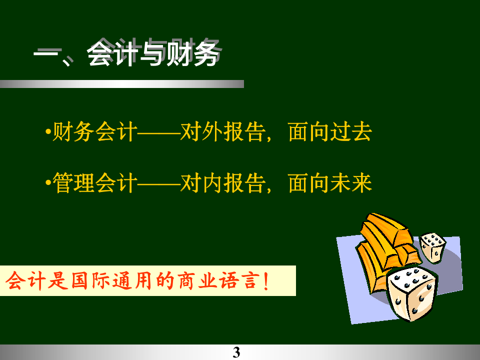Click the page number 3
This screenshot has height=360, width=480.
pyautogui.click(x=236, y=352)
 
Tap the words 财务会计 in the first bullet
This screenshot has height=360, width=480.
pyautogui.click(x=94, y=132)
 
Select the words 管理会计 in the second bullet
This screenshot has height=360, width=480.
pyautogui.click(x=94, y=183)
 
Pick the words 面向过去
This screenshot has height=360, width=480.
pyautogui.click(x=330, y=132)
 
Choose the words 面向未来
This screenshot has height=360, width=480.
pyautogui.click(x=330, y=183)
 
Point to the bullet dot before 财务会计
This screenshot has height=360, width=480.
pyautogui.click(x=47, y=133)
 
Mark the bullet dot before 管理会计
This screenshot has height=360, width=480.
pyautogui.click(x=47, y=184)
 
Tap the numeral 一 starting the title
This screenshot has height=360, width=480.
pyautogui.click(x=46, y=55)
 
